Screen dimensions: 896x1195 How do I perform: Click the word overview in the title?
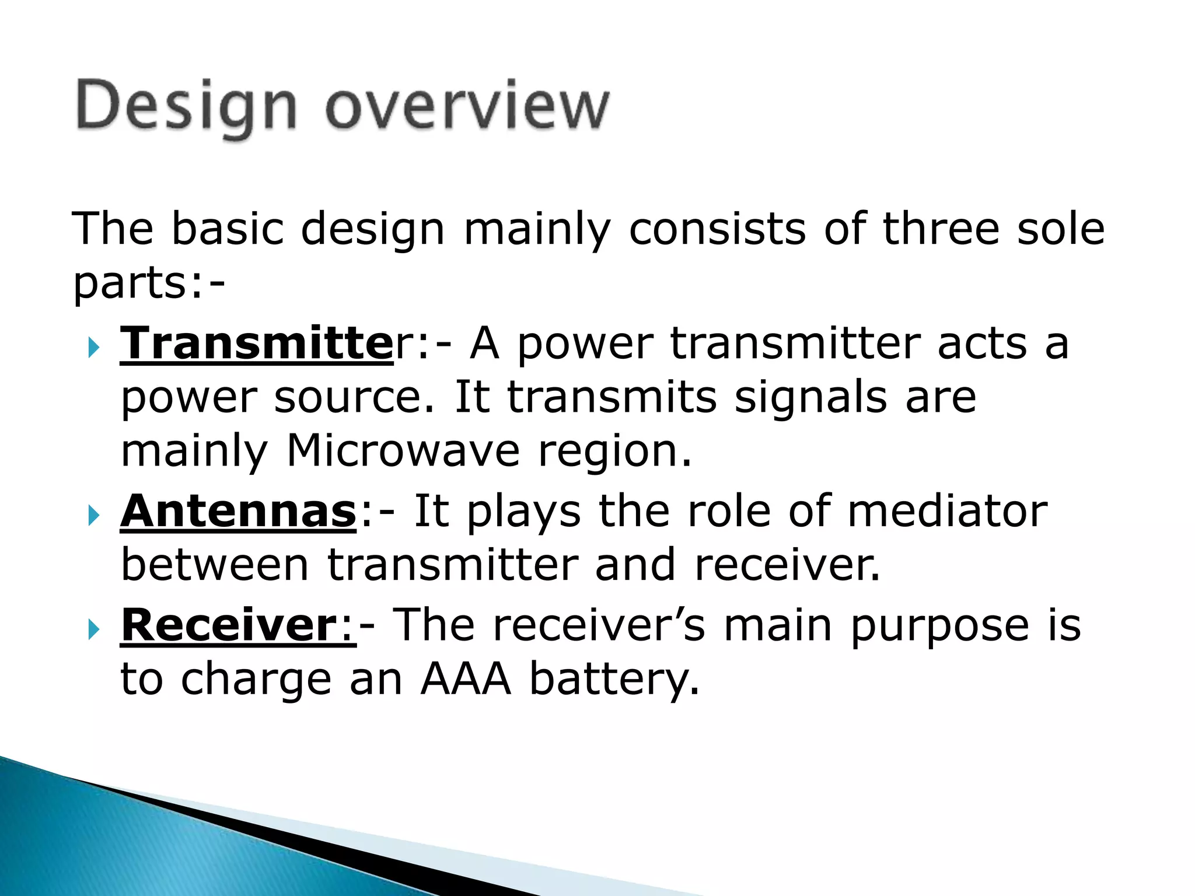(467, 108)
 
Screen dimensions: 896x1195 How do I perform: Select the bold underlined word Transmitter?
(257, 344)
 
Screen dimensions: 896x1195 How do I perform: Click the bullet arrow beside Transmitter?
(93, 348)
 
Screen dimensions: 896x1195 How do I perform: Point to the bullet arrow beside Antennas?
(93, 515)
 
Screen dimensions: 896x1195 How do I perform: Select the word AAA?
(465, 680)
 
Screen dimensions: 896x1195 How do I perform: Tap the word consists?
(717, 229)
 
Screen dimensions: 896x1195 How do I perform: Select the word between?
(215, 565)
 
